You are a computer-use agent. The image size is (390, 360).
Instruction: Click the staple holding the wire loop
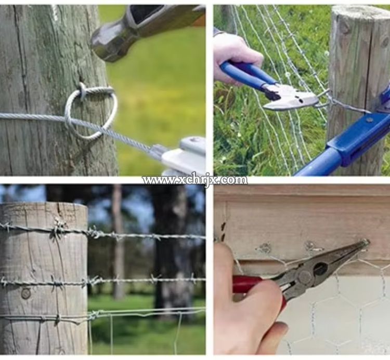point(83,91)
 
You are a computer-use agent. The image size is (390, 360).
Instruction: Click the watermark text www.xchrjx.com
point(195,179)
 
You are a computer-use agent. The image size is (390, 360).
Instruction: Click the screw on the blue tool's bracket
point(370,120)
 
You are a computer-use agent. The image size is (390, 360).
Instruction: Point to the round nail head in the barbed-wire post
point(26,294)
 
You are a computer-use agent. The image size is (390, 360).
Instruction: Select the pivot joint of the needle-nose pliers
point(304,276)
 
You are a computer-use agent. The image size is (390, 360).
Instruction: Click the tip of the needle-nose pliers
point(367,241)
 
